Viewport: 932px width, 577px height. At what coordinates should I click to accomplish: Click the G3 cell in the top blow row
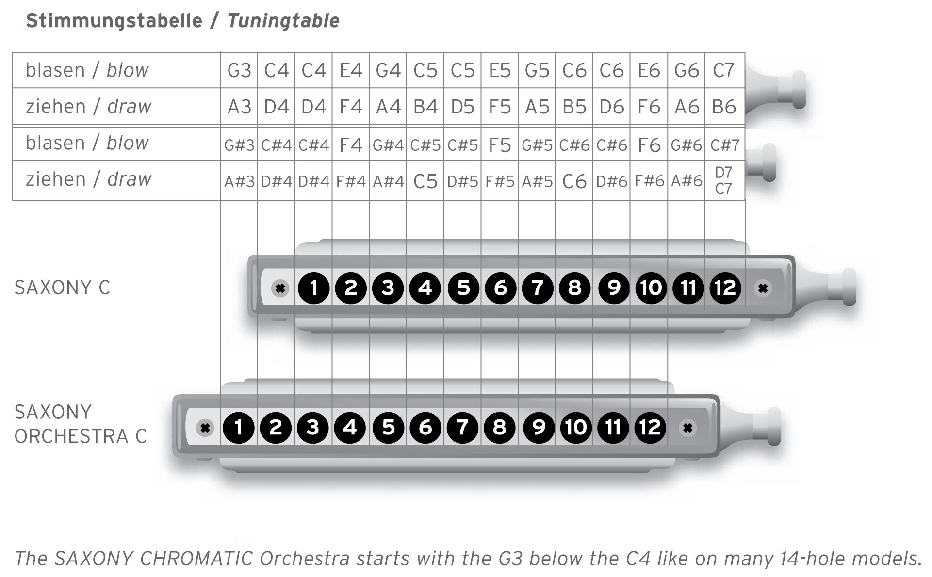coord(239,70)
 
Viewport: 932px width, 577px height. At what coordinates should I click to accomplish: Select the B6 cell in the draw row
coord(724,106)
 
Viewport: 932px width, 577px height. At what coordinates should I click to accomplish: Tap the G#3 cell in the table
coord(239,144)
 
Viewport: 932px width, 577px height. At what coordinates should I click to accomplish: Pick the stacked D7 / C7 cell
coord(724,180)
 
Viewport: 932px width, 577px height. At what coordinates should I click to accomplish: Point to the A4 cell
coord(388,106)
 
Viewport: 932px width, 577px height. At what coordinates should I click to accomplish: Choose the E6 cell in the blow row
coord(649,70)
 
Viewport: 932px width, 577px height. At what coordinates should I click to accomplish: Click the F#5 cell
coord(500,181)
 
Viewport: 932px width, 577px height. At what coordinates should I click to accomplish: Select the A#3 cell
coord(239,181)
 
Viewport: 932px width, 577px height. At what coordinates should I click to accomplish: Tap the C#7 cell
coord(724,144)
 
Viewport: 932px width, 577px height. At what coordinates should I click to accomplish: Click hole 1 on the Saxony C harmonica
coord(313,288)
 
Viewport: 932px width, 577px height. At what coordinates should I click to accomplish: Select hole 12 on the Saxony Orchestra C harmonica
coord(650,428)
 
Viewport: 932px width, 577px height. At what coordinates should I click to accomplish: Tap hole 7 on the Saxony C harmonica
coord(538,288)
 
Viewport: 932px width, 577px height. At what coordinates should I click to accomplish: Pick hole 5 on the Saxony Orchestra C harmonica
coord(388,428)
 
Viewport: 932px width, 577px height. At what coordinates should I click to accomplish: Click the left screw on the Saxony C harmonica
coord(280,288)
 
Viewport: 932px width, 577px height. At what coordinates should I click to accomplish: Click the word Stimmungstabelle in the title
coord(114,21)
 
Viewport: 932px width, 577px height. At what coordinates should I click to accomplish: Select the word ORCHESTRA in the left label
coord(71,436)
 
